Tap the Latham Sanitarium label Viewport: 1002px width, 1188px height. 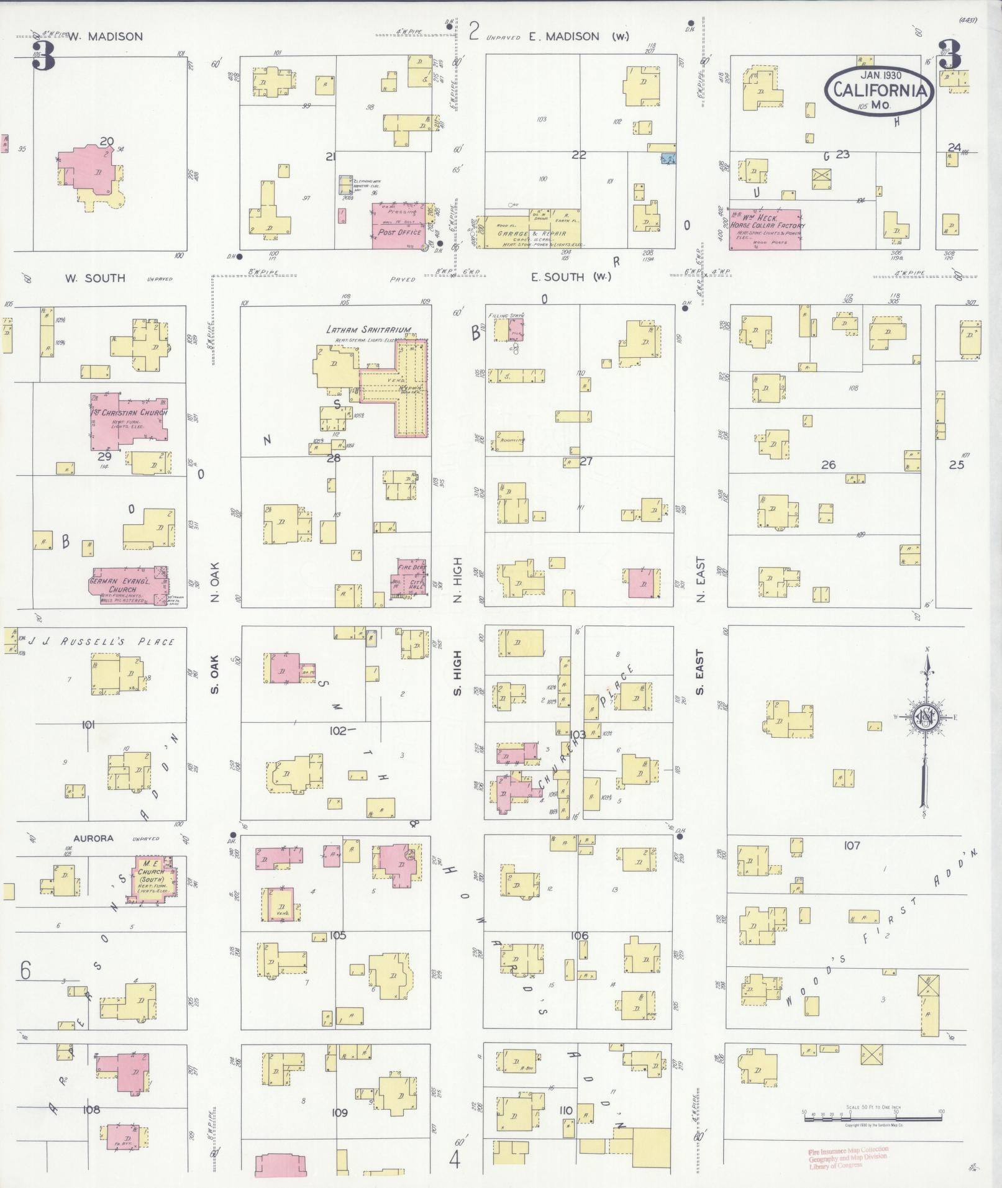point(368,330)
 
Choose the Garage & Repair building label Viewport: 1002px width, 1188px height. point(532,234)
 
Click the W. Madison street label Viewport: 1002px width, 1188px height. point(105,37)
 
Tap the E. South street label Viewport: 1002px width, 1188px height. point(570,277)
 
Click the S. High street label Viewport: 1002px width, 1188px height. point(458,673)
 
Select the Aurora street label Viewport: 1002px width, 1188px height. point(93,838)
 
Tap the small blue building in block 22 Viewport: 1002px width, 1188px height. point(668,159)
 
